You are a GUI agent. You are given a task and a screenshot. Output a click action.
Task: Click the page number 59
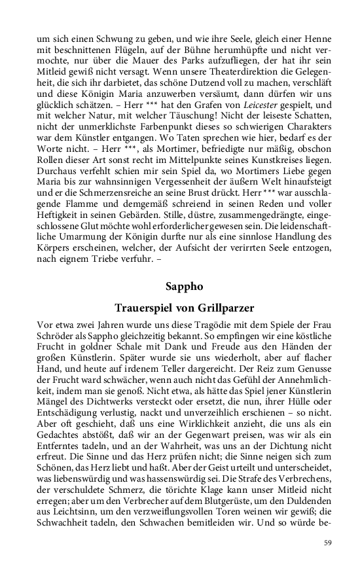pyautogui.click(x=329, y=543)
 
